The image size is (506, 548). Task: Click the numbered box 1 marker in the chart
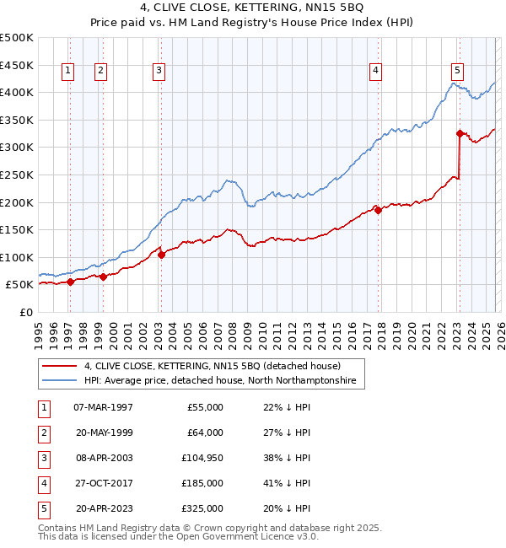point(68,71)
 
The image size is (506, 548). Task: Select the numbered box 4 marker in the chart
point(375,71)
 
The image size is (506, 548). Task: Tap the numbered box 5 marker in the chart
point(457,71)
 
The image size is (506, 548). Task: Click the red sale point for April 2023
point(460,132)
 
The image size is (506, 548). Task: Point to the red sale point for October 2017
point(378,210)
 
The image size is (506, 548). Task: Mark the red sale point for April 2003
point(161,255)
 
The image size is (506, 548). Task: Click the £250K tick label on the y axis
point(17,175)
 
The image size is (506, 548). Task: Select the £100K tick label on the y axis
point(17,257)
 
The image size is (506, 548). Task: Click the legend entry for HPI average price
point(220,381)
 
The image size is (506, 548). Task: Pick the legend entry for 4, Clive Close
point(212,367)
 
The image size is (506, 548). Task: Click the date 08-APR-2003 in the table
point(104,458)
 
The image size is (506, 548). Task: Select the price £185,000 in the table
point(203,483)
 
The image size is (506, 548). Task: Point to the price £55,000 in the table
point(206,407)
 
